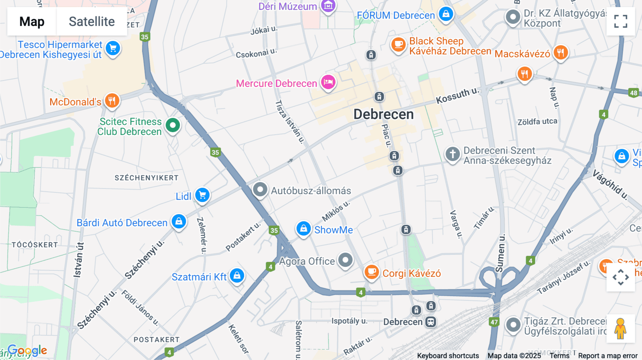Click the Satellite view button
pyautogui.click(x=92, y=22)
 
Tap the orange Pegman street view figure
pyautogui.click(x=620, y=328)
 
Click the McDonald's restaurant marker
pyautogui.click(x=112, y=101)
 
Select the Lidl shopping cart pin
pyautogui.click(x=203, y=195)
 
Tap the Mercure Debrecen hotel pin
pyautogui.click(x=328, y=83)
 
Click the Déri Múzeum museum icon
pyautogui.click(x=328, y=6)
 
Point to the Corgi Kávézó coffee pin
pyautogui.click(x=371, y=272)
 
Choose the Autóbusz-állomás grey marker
pyautogui.click(x=260, y=190)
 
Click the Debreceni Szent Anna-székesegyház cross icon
pyautogui.click(x=453, y=154)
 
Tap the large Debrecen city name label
pyautogui.click(x=383, y=114)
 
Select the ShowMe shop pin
pyautogui.click(x=304, y=228)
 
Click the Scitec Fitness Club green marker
pyautogui.click(x=173, y=125)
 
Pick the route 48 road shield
pyautogui.click(x=633, y=93)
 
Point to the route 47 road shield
pyautogui.click(x=494, y=322)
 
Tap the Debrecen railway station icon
pyautogui.click(x=431, y=322)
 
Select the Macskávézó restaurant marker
pyautogui.click(x=561, y=53)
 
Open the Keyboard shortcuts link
pyautogui.click(x=448, y=356)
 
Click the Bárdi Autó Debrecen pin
pyautogui.click(x=179, y=222)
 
